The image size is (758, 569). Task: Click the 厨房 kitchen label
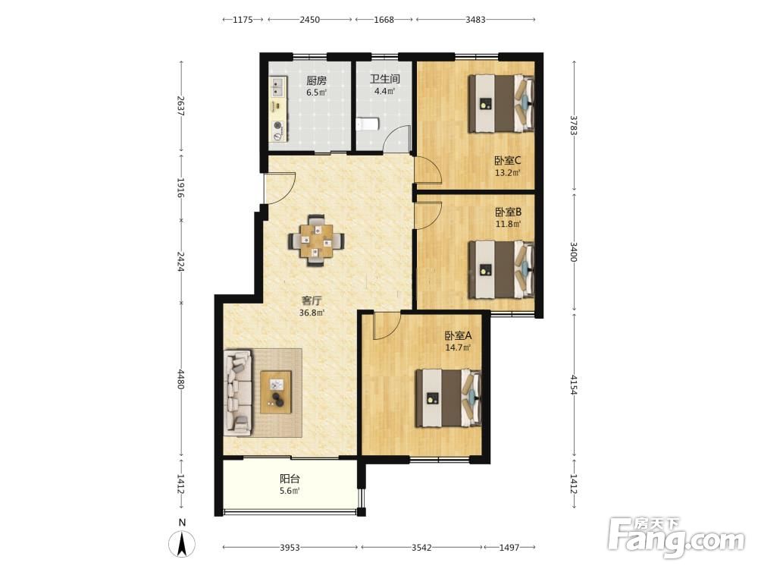click(317, 80)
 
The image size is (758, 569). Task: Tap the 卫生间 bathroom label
click(385, 79)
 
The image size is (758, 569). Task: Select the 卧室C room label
click(507, 160)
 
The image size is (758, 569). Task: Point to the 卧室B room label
click(508, 212)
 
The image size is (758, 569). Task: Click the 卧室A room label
click(459, 335)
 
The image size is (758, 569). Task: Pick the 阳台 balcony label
click(290, 479)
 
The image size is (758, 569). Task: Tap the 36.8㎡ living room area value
click(312, 313)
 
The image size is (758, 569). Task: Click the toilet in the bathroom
click(367, 125)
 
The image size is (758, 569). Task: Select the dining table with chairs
click(317, 240)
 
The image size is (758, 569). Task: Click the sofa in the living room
click(238, 391)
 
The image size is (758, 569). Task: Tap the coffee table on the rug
click(276, 392)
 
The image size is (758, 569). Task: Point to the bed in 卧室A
click(449, 398)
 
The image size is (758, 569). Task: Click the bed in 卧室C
click(501, 103)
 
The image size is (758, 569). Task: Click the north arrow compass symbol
click(182, 544)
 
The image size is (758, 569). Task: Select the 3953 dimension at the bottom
click(290, 547)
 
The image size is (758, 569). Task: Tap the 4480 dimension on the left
click(181, 379)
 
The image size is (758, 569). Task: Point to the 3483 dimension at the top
click(476, 20)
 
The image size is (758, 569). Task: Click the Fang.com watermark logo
click(676, 536)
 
